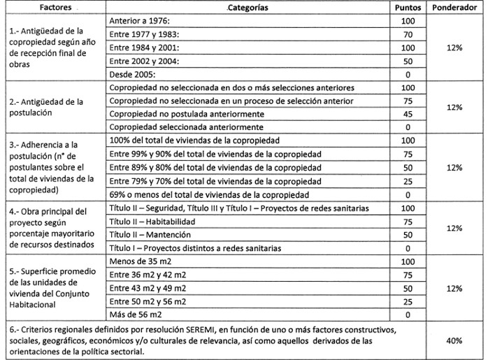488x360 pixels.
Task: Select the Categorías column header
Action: pyautogui.click(x=248, y=8)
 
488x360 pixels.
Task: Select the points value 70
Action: pyautogui.click(x=408, y=34)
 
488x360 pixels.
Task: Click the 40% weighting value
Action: pyautogui.click(x=455, y=340)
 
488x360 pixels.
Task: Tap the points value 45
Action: pyautogui.click(x=408, y=115)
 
